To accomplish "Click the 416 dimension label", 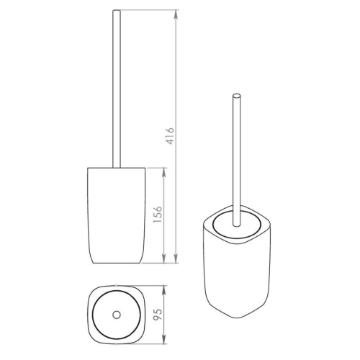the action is tap(170, 136).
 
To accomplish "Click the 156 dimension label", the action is tap(158, 215).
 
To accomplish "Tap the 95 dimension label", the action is tap(158, 315).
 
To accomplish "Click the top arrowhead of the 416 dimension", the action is tap(176, 14).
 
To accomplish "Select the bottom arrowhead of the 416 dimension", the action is tap(176, 258).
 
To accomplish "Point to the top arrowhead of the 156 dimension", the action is tap(164, 173).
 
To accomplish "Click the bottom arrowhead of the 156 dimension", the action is tap(164, 258).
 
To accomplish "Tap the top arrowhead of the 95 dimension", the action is tap(164, 290).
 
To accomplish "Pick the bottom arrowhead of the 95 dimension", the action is tap(164, 340).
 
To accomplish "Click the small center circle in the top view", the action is tap(117, 315).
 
